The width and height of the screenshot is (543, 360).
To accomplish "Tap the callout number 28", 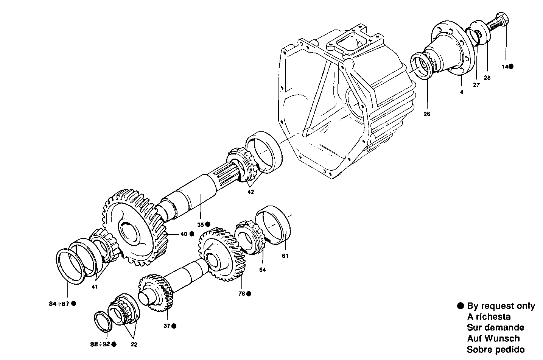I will click(x=487, y=78).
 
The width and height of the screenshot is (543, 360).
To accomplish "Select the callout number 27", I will click(x=476, y=85).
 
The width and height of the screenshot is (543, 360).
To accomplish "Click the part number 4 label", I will click(x=461, y=92).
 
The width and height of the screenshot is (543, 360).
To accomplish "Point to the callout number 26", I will click(x=427, y=114).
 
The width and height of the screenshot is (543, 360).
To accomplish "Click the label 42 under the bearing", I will click(x=250, y=192).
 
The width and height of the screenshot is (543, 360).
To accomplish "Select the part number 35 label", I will click(x=201, y=224).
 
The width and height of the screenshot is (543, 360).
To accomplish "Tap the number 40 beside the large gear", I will click(x=184, y=234).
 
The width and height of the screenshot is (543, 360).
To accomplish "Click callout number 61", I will click(x=285, y=256).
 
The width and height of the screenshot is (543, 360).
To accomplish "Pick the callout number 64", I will click(x=263, y=270).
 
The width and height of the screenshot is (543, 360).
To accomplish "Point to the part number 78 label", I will click(x=241, y=293).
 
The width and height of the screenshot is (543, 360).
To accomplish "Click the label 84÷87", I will click(x=59, y=304).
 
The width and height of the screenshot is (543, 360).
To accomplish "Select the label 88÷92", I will click(x=100, y=344).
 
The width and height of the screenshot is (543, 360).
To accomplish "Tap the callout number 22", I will click(x=134, y=344).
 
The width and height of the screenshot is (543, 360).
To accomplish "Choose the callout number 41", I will click(x=95, y=287).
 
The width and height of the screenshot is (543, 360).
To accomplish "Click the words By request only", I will click(x=501, y=306).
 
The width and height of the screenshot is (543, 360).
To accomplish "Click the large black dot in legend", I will click(x=460, y=306).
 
